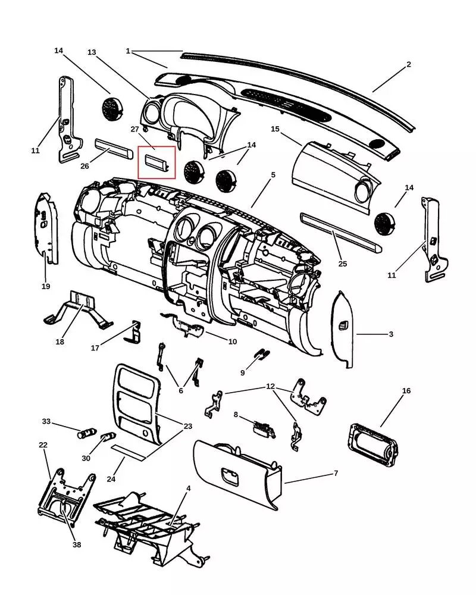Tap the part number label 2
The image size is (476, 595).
[x=409, y=64]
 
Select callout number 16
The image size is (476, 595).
[x=406, y=391]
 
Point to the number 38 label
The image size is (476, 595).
[x=77, y=544]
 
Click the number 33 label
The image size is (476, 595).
[x=46, y=421]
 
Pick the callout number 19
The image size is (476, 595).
[x=46, y=286]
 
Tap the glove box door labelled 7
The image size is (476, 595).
[x=238, y=476]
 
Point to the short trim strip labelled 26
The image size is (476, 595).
[x=113, y=147]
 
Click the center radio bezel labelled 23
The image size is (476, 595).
[x=137, y=405]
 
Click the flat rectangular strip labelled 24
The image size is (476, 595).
[x=129, y=452]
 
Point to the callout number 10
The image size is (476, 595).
[x=233, y=342]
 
